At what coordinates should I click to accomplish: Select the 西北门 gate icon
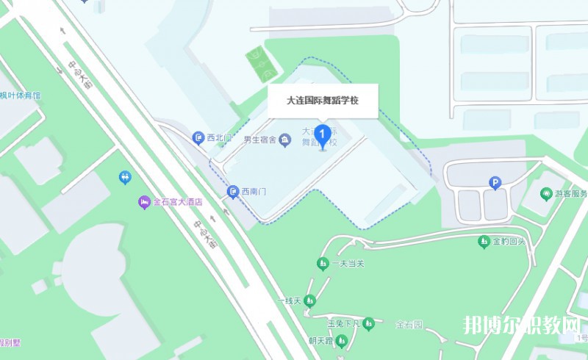click(x=198, y=137)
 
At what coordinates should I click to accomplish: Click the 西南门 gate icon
click(x=233, y=191)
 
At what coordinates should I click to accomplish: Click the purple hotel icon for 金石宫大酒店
click(x=145, y=201)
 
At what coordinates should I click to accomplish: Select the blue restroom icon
click(x=125, y=177)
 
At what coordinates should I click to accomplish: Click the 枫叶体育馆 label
click(x=20, y=96)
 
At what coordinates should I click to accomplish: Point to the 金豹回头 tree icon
click(x=484, y=240)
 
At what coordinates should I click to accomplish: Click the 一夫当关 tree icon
click(x=322, y=263)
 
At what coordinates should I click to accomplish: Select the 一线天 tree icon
click(x=310, y=300)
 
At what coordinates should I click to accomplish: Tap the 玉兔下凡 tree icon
click(x=368, y=323)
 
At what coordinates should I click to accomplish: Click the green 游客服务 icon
click(x=546, y=194)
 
